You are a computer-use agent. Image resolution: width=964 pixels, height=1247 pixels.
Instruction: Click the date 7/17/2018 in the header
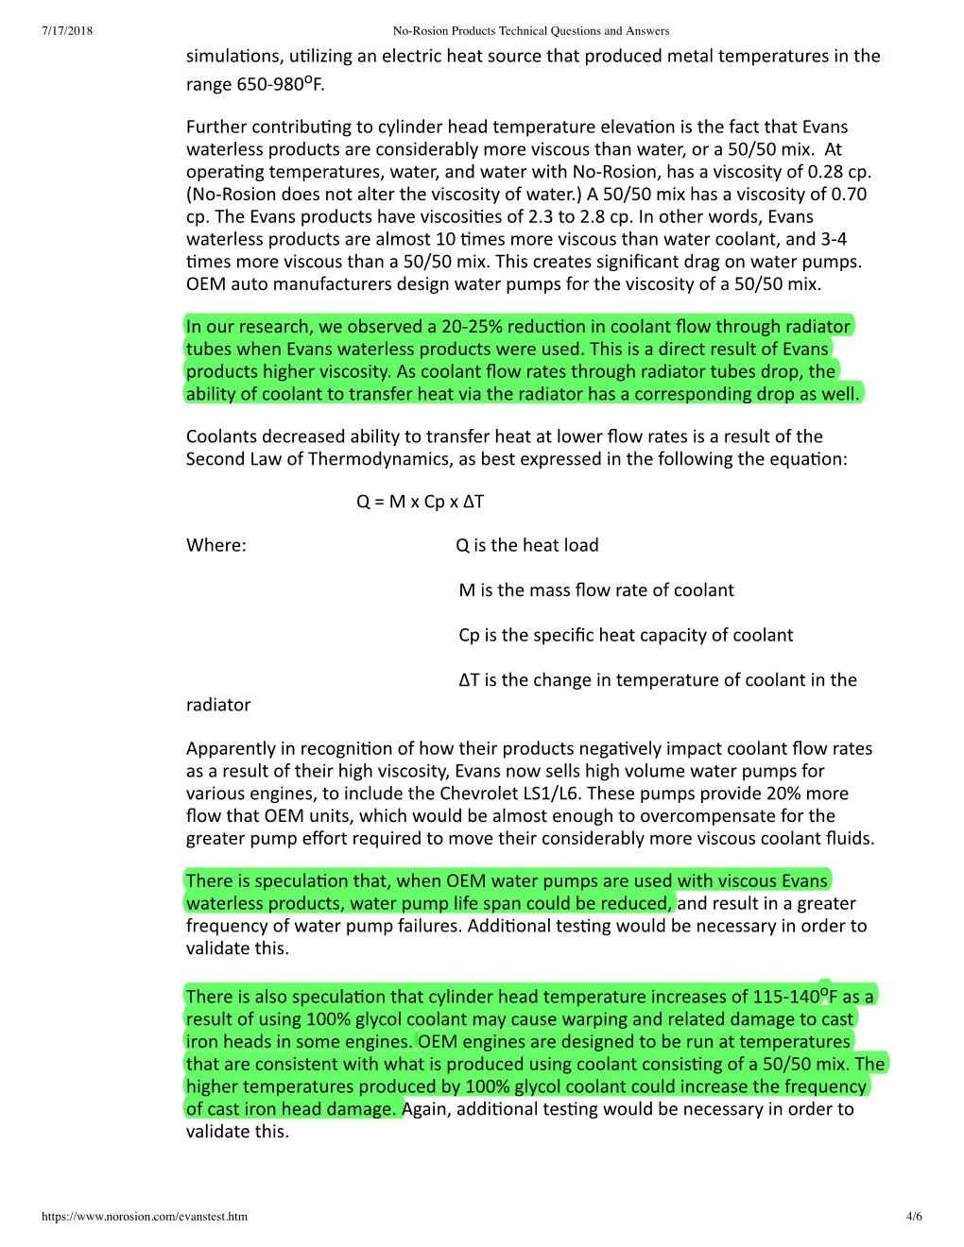point(67,31)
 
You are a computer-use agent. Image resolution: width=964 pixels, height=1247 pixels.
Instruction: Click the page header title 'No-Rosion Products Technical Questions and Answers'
point(530,31)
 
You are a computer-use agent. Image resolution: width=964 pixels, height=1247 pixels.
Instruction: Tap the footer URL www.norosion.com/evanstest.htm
point(145,1216)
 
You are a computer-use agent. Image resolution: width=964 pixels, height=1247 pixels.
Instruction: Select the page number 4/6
point(914,1216)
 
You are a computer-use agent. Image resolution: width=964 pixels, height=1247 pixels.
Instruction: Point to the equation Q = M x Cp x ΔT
point(420,502)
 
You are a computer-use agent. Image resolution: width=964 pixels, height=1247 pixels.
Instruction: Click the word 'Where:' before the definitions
point(215,545)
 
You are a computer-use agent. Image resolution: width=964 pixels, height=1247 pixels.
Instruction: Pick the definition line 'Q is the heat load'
point(526,545)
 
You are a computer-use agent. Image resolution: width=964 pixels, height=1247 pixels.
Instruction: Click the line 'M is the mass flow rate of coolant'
point(595,590)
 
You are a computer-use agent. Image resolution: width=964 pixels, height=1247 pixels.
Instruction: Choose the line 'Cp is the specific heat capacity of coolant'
point(626,635)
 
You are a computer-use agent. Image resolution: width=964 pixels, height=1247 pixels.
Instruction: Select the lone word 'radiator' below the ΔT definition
point(218,705)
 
